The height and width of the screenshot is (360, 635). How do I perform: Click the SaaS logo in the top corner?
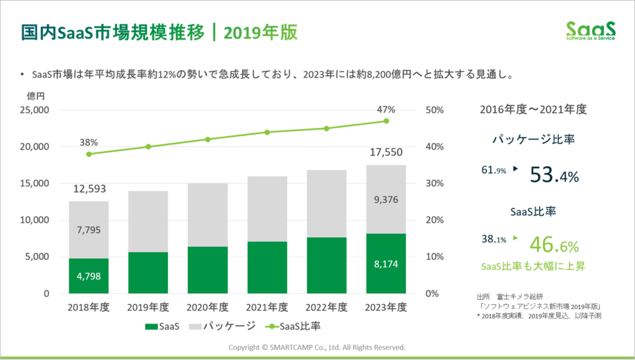click(591, 31)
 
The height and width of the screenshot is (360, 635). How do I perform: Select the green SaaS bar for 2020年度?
click(208, 270)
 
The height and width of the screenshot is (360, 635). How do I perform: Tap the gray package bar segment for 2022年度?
click(327, 204)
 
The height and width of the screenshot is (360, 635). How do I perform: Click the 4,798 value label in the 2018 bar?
click(89, 277)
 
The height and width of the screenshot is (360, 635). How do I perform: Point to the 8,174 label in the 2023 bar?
click(386, 264)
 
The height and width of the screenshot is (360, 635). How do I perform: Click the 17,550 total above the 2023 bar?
click(386, 153)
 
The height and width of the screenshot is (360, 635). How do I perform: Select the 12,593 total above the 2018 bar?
click(89, 189)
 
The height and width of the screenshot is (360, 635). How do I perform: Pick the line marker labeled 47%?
click(386, 121)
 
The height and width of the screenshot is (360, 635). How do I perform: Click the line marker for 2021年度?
click(267, 132)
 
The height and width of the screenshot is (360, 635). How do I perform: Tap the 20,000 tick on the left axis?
click(31, 147)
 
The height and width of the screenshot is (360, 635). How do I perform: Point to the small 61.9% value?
click(493, 171)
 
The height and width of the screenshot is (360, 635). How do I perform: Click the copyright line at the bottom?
click(317, 347)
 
